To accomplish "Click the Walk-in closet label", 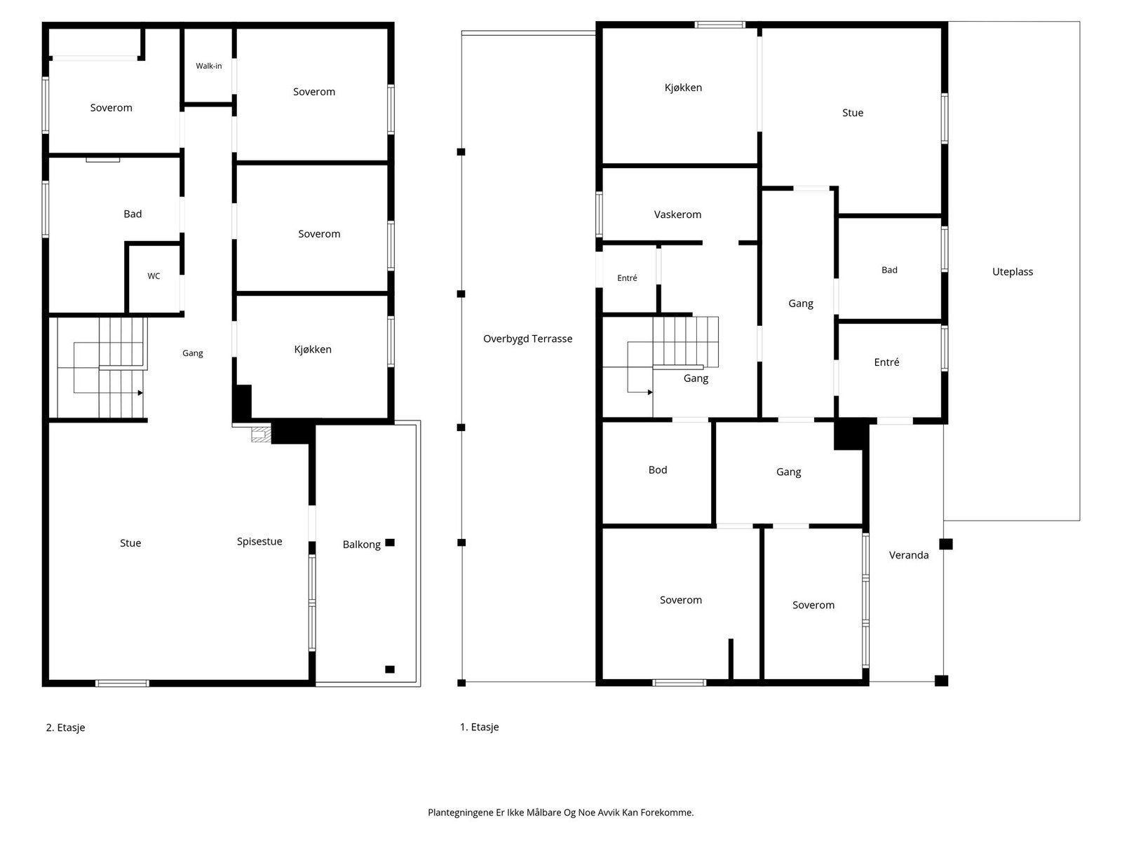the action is [208, 66].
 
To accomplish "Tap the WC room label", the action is [154, 276].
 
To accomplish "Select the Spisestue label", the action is [259, 542].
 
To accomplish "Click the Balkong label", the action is [361, 545].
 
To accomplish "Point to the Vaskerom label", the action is [677, 214].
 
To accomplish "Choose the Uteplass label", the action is [1012, 272].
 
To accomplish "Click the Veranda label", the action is [908, 555].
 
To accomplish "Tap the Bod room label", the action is [657, 470].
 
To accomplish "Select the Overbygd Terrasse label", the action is [527, 339].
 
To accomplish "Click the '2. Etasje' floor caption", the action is [65, 727].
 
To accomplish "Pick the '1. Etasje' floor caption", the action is [479, 727].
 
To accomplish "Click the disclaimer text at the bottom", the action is [560, 812].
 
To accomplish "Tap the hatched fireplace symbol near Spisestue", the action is [261, 434].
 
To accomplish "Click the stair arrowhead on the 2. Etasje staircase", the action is [140, 392].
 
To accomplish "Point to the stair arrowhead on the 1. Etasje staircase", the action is [649, 392].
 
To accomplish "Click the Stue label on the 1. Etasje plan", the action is [852, 113].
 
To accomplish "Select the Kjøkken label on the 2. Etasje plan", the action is [312, 350].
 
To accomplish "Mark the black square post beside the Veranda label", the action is [946, 545].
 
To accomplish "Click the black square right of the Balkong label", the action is [389, 542].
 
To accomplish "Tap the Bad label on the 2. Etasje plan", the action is [133, 214].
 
